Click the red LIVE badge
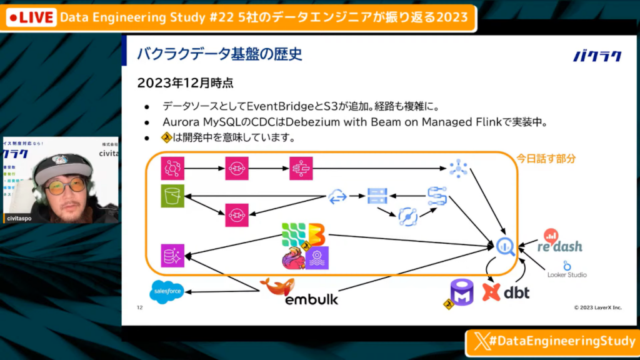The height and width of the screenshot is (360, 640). [30, 17]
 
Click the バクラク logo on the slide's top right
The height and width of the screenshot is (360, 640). [597, 56]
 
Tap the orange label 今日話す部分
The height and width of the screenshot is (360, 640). [546, 159]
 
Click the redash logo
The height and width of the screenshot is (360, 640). [560, 242]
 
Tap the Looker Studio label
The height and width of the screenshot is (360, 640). [567, 274]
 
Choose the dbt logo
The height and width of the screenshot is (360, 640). [506, 291]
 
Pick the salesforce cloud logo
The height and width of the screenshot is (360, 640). [167, 292]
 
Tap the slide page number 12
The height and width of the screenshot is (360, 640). [140, 307]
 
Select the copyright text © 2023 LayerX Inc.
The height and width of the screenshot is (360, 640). [598, 307]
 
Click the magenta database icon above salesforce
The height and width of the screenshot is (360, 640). [171, 256]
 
